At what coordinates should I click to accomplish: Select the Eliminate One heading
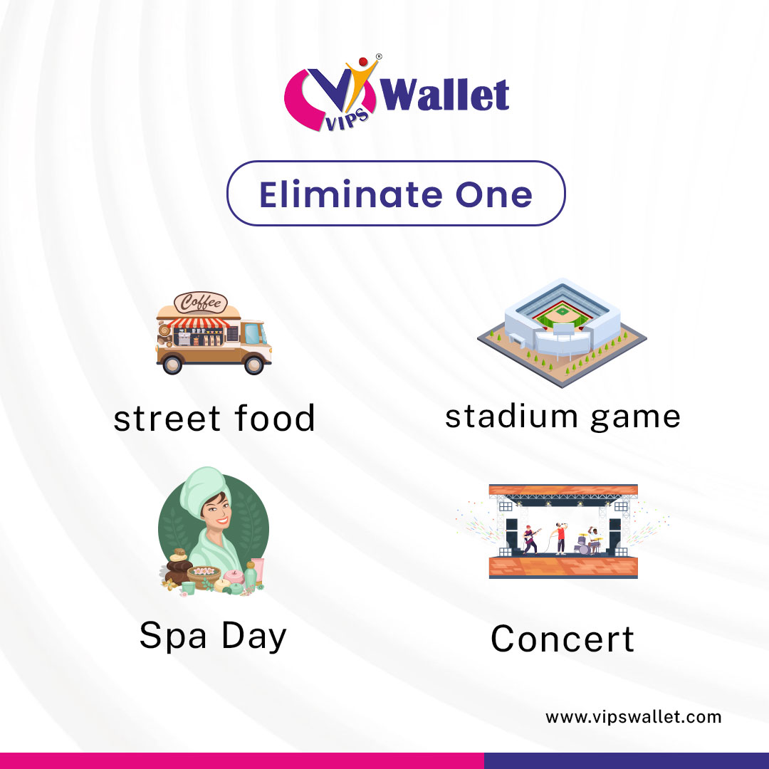(396, 194)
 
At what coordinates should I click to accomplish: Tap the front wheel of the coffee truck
(253, 364)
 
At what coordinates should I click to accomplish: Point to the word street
(167, 418)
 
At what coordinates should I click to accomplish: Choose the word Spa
(174, 635)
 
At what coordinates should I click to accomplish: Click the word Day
(253, 635)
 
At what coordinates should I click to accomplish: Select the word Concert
(563, 638)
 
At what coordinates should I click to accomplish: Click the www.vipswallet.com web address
(633, 717)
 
